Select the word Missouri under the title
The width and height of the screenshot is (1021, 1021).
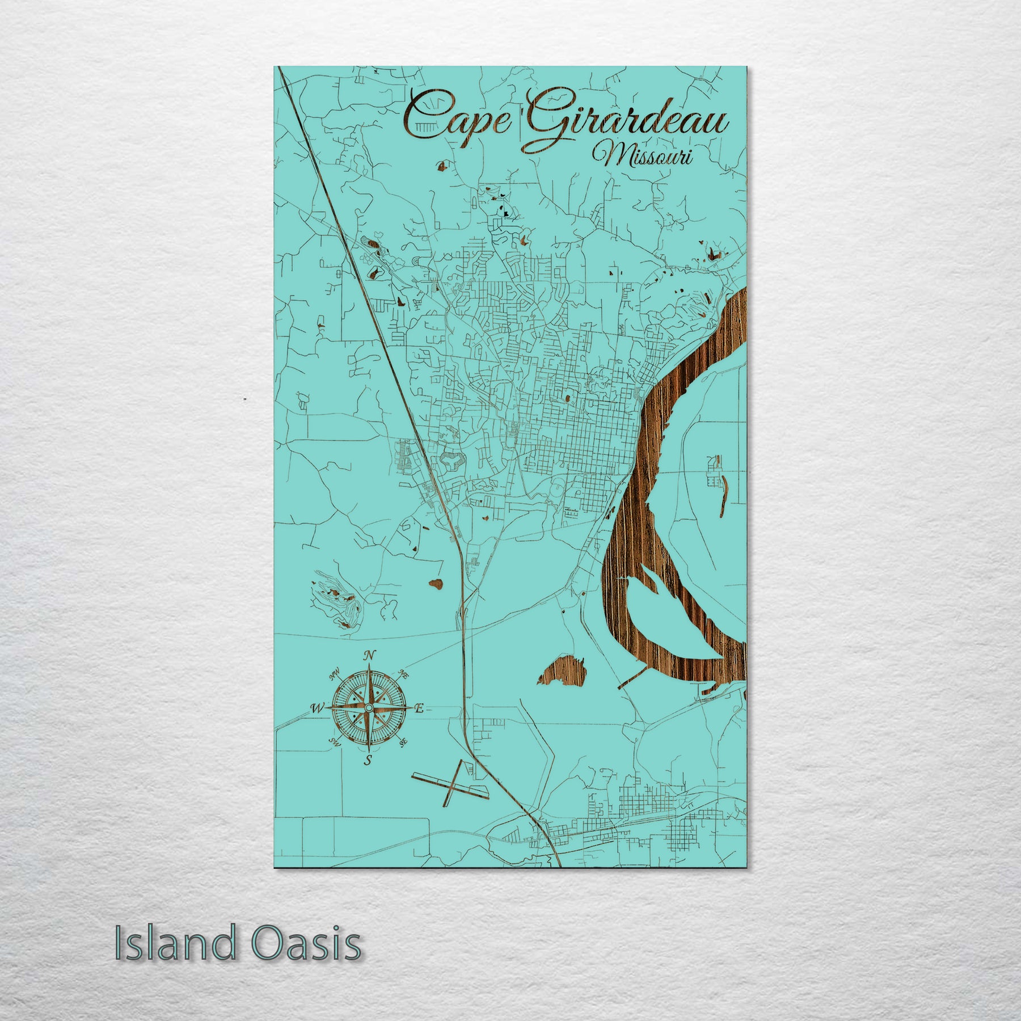click(x=642, y=154)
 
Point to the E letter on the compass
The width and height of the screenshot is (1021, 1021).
click(x=419, y=708)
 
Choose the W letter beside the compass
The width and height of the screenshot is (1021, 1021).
click(x=316, y=708)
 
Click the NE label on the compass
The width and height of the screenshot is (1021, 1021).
click(x=404, y=674)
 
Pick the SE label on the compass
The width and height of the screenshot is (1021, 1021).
click(x=404, y=742)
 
